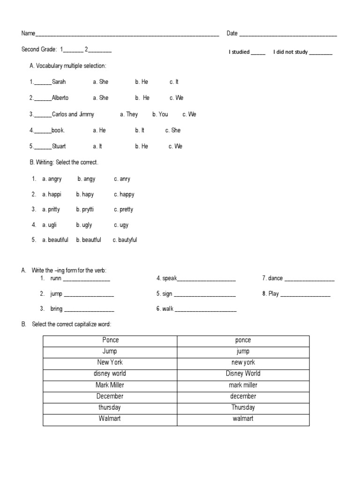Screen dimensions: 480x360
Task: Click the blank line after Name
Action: coord(127,35)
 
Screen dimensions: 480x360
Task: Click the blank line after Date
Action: coord(288,35)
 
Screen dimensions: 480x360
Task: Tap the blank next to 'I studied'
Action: coord(258,53)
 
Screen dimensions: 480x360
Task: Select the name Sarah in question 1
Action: coord(59,82)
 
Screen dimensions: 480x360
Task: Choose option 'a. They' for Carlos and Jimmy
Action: coord(129,114)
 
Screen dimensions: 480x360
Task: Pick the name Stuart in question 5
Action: coord(59,146)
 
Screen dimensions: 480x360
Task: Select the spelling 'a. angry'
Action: coord(52,179)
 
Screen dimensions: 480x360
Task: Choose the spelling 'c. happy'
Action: coord(124,195)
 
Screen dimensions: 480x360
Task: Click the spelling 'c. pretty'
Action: coord(123,210)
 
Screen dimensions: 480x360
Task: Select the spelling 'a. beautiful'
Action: coord(55,240)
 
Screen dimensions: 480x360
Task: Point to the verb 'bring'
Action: coord(56,309)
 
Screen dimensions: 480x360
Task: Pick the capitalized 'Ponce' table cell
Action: coord(110,340)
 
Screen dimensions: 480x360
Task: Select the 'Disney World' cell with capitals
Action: coord(243,374)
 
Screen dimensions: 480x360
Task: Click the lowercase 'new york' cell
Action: coord(243,362)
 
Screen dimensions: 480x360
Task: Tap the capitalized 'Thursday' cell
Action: coord(243,407)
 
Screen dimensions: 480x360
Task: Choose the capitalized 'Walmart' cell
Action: coord(110,419)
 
